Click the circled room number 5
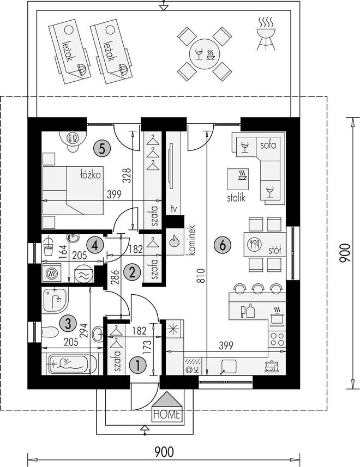[101, 148]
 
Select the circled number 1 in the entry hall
[137, 365]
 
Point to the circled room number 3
[68, 323]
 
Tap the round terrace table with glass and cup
[205, 54]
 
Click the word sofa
[268, 145]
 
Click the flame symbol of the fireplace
[174, 241]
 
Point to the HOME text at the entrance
[167, 414]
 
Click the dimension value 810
[202, 276]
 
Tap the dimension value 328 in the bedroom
[127, 175]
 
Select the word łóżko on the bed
[91, 174]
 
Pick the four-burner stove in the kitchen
[277, 338]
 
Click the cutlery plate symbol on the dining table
[254, 244]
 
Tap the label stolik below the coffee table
[236, 197]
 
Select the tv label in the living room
[174, 209]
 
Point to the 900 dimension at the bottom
[164, 452]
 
